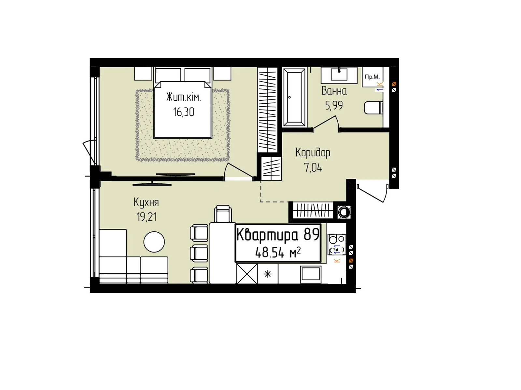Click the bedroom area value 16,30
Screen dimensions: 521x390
183,112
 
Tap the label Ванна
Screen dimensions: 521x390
334,91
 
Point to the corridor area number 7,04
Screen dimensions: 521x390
313,168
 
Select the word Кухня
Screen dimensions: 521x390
146,202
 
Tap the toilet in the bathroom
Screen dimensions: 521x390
373,108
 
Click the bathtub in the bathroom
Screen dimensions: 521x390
294,97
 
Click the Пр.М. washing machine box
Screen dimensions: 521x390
372,77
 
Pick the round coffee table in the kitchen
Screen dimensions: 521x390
154,242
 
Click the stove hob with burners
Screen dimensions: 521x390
337,244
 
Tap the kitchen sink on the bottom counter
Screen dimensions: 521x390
311,274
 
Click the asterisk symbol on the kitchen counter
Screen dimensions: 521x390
268,274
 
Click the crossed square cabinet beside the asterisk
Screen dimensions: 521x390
247,274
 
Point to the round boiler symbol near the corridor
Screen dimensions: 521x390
344,211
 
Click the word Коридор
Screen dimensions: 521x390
313,153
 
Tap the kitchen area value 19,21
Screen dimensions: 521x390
147,217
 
